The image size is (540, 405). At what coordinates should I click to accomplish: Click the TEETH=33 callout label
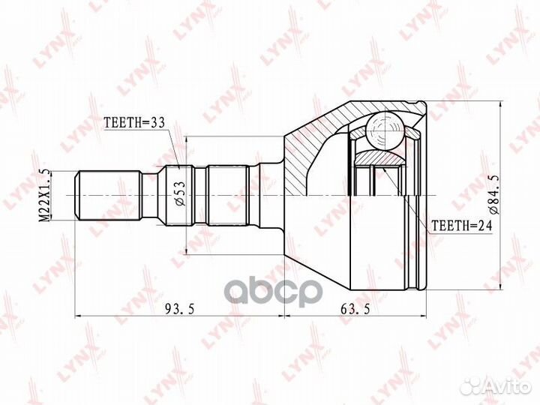[135, 122]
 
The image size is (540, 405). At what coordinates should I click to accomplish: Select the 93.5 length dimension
[180, 309]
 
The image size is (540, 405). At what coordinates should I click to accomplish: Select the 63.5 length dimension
[355, 309]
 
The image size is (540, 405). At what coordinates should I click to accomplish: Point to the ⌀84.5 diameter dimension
[494, 195]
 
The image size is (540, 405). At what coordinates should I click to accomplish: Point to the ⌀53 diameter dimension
[181, 193]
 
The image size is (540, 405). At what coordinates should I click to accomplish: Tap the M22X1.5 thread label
[45, 195]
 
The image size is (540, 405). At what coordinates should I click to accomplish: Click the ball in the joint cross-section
[384, 130]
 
